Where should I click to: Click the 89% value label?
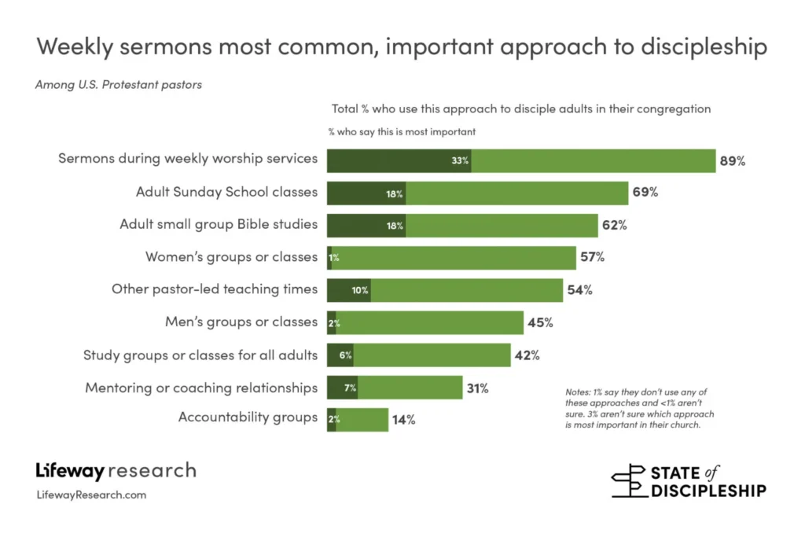[x=731, y=161]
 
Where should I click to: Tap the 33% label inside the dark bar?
[x=460, y=161]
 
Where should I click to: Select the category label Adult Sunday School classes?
[x=226, y=192]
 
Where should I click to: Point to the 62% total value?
[x=614, y=226]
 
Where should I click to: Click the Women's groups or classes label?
[x=231, y=257]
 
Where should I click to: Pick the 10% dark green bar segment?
[x=348, y=290]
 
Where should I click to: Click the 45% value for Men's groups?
[x=539, y=322]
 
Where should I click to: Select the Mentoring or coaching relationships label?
[x=201, y=388]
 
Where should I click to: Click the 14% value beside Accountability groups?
[x=403, y=420]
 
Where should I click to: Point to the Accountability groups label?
[x=248, y=417]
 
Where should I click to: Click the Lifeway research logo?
[x=116, y=472]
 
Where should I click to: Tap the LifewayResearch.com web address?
[x=91, y=495]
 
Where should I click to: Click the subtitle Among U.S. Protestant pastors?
[x=119, y=85]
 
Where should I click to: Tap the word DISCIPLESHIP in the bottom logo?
[x=708, y=491]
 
